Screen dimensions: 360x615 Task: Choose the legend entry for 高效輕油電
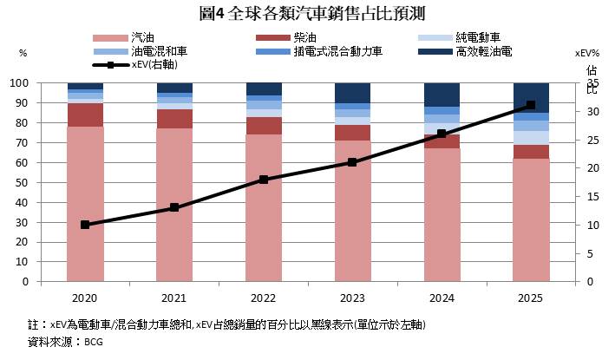click(483, 52)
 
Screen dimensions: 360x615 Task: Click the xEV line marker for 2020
click(85, 225)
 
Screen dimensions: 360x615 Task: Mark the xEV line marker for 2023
click(352, 162)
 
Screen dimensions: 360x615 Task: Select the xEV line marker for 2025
click(531, 106)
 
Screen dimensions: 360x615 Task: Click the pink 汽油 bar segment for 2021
click(174, 205)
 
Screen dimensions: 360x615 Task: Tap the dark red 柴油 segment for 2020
click(85, 115)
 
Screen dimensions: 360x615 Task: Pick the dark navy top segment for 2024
click(442, 95)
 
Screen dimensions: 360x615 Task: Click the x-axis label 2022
click(263, 298)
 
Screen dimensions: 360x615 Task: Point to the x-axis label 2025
click(531, 298)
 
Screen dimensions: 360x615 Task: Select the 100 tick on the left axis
click(43, 83)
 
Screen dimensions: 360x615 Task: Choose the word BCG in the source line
click(94, 342)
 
